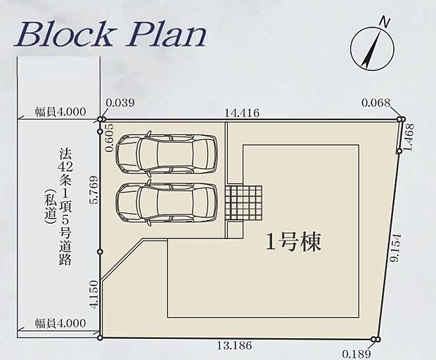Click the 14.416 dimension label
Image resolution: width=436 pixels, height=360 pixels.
(241, 110)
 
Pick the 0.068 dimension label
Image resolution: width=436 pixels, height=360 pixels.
(375, 103)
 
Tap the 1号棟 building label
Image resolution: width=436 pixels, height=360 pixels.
(293, 243)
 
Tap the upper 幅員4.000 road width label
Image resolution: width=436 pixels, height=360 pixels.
(60, 111)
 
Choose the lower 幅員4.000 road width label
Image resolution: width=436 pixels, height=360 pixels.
(60, 323)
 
